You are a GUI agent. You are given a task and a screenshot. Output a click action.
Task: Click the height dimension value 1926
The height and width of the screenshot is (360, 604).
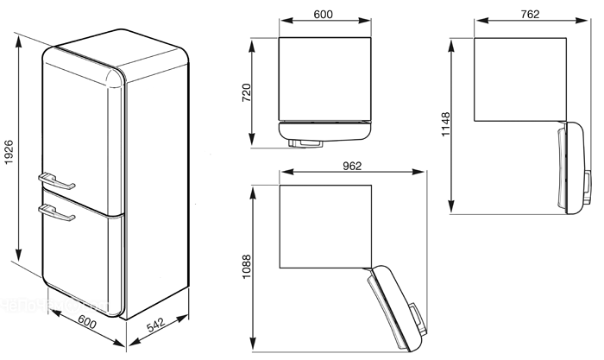tap(8, 152)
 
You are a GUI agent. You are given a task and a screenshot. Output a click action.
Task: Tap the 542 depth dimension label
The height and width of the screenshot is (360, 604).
tap(156, 325)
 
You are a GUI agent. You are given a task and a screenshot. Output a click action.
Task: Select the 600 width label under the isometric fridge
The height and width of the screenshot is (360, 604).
tap(87, 321)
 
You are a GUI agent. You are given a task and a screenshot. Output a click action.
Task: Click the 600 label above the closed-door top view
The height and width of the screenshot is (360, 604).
tap(323, 15)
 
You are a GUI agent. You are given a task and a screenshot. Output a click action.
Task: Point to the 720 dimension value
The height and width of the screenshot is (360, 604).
tap(246, 92)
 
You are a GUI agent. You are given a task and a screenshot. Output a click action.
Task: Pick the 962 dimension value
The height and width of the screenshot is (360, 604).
tap(352, 166)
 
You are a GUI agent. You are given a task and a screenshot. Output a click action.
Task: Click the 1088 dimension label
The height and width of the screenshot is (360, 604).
tap(246, 267)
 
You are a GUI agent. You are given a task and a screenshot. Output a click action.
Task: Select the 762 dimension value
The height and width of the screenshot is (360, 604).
tap(530, 15)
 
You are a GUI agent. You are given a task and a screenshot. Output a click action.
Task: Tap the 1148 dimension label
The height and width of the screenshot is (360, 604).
tap(445, 124)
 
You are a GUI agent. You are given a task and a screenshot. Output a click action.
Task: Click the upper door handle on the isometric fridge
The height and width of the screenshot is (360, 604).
tap(56, 181)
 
